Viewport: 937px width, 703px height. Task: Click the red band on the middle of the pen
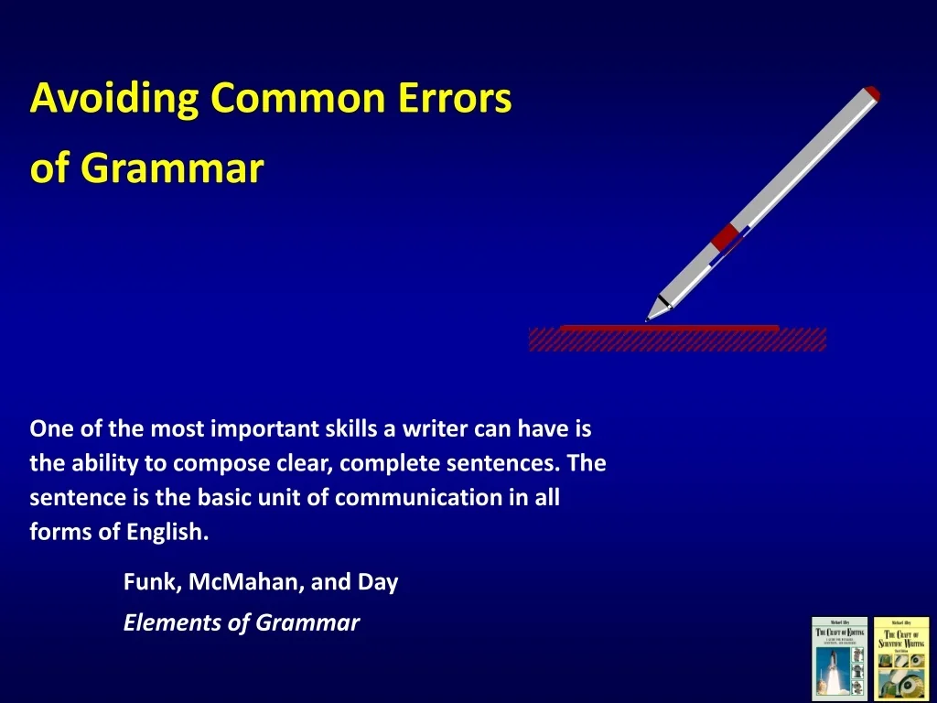(727, 237)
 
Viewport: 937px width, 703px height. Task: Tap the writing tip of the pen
(649, 318)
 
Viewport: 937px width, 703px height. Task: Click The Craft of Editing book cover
(838, 659)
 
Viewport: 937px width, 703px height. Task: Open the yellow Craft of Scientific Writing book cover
(900, 659)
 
